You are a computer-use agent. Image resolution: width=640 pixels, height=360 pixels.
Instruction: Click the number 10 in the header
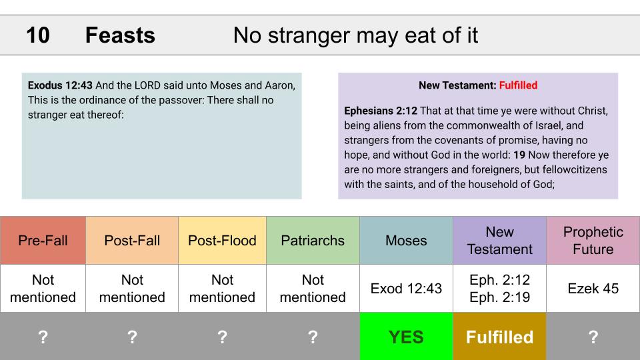point(38,35)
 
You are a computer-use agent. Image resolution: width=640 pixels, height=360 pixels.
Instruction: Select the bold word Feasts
point(120,35)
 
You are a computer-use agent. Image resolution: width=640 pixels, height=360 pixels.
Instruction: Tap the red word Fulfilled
point(518,85)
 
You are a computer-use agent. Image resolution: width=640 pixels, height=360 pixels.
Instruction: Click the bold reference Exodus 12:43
point(60,85)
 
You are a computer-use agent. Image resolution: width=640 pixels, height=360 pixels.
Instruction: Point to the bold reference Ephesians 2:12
point(381,111)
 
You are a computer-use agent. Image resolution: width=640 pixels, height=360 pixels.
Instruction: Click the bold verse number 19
point(519,155)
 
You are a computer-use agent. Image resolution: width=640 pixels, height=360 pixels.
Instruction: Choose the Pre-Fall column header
point(43,241)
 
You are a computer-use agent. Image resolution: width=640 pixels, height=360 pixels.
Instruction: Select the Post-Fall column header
point(132,241)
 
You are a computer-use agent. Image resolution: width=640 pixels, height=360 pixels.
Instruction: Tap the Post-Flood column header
point(222,241)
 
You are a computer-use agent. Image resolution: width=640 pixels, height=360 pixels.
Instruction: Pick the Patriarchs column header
point(313,241)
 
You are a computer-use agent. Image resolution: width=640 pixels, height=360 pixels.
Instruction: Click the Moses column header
point(406,241)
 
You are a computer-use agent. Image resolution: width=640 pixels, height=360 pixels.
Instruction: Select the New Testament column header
point(499,241)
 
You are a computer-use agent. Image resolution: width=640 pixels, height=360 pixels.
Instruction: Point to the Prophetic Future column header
point(593,241)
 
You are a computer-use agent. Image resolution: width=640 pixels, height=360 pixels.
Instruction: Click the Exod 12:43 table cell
point(406,289)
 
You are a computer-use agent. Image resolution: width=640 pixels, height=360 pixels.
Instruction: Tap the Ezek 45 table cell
point(593,289)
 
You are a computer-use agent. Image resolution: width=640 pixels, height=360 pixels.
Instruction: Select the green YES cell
point(406,336)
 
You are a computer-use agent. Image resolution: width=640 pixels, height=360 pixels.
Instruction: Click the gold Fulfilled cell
point(499,336)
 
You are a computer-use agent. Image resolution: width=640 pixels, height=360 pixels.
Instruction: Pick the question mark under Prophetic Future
point(593,337)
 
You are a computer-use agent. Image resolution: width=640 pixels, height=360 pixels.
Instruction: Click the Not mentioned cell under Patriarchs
point(313,289)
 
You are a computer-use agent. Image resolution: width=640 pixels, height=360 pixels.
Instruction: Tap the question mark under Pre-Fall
point(43,337)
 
